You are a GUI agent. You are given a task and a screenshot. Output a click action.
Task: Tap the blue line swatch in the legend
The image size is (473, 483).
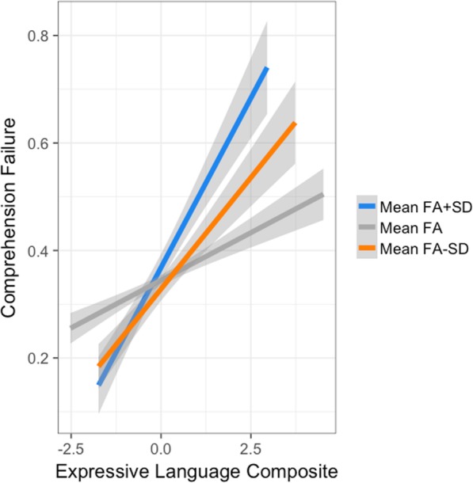tap(364, 207)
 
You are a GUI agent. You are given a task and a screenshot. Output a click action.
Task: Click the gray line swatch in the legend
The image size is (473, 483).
tap(364, 228)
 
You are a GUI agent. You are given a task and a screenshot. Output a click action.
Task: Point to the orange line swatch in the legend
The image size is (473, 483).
tap(364, 249)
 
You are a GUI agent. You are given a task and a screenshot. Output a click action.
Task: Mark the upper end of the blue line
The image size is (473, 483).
tap(268, 69)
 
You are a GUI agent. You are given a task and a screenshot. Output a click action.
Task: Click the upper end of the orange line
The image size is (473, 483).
tap(296, 123)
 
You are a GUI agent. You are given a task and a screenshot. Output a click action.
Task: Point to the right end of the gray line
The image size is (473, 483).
tap(322, 195)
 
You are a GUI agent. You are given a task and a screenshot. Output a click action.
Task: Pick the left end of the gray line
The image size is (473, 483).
tap(71, 327)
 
